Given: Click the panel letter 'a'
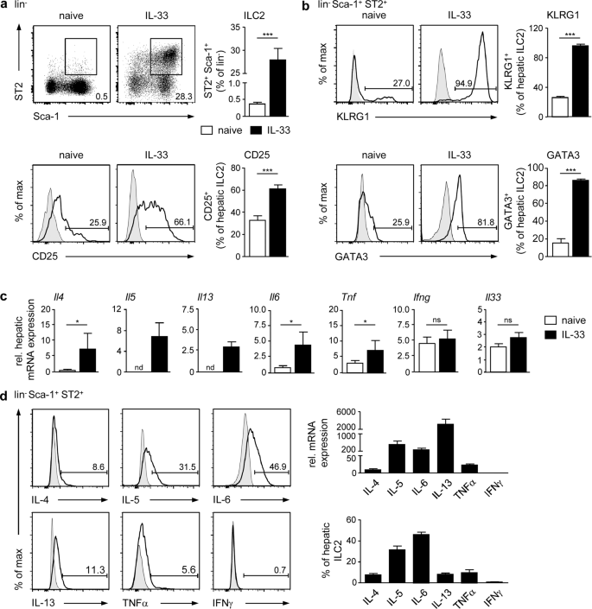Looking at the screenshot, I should (x=5, y=7).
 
